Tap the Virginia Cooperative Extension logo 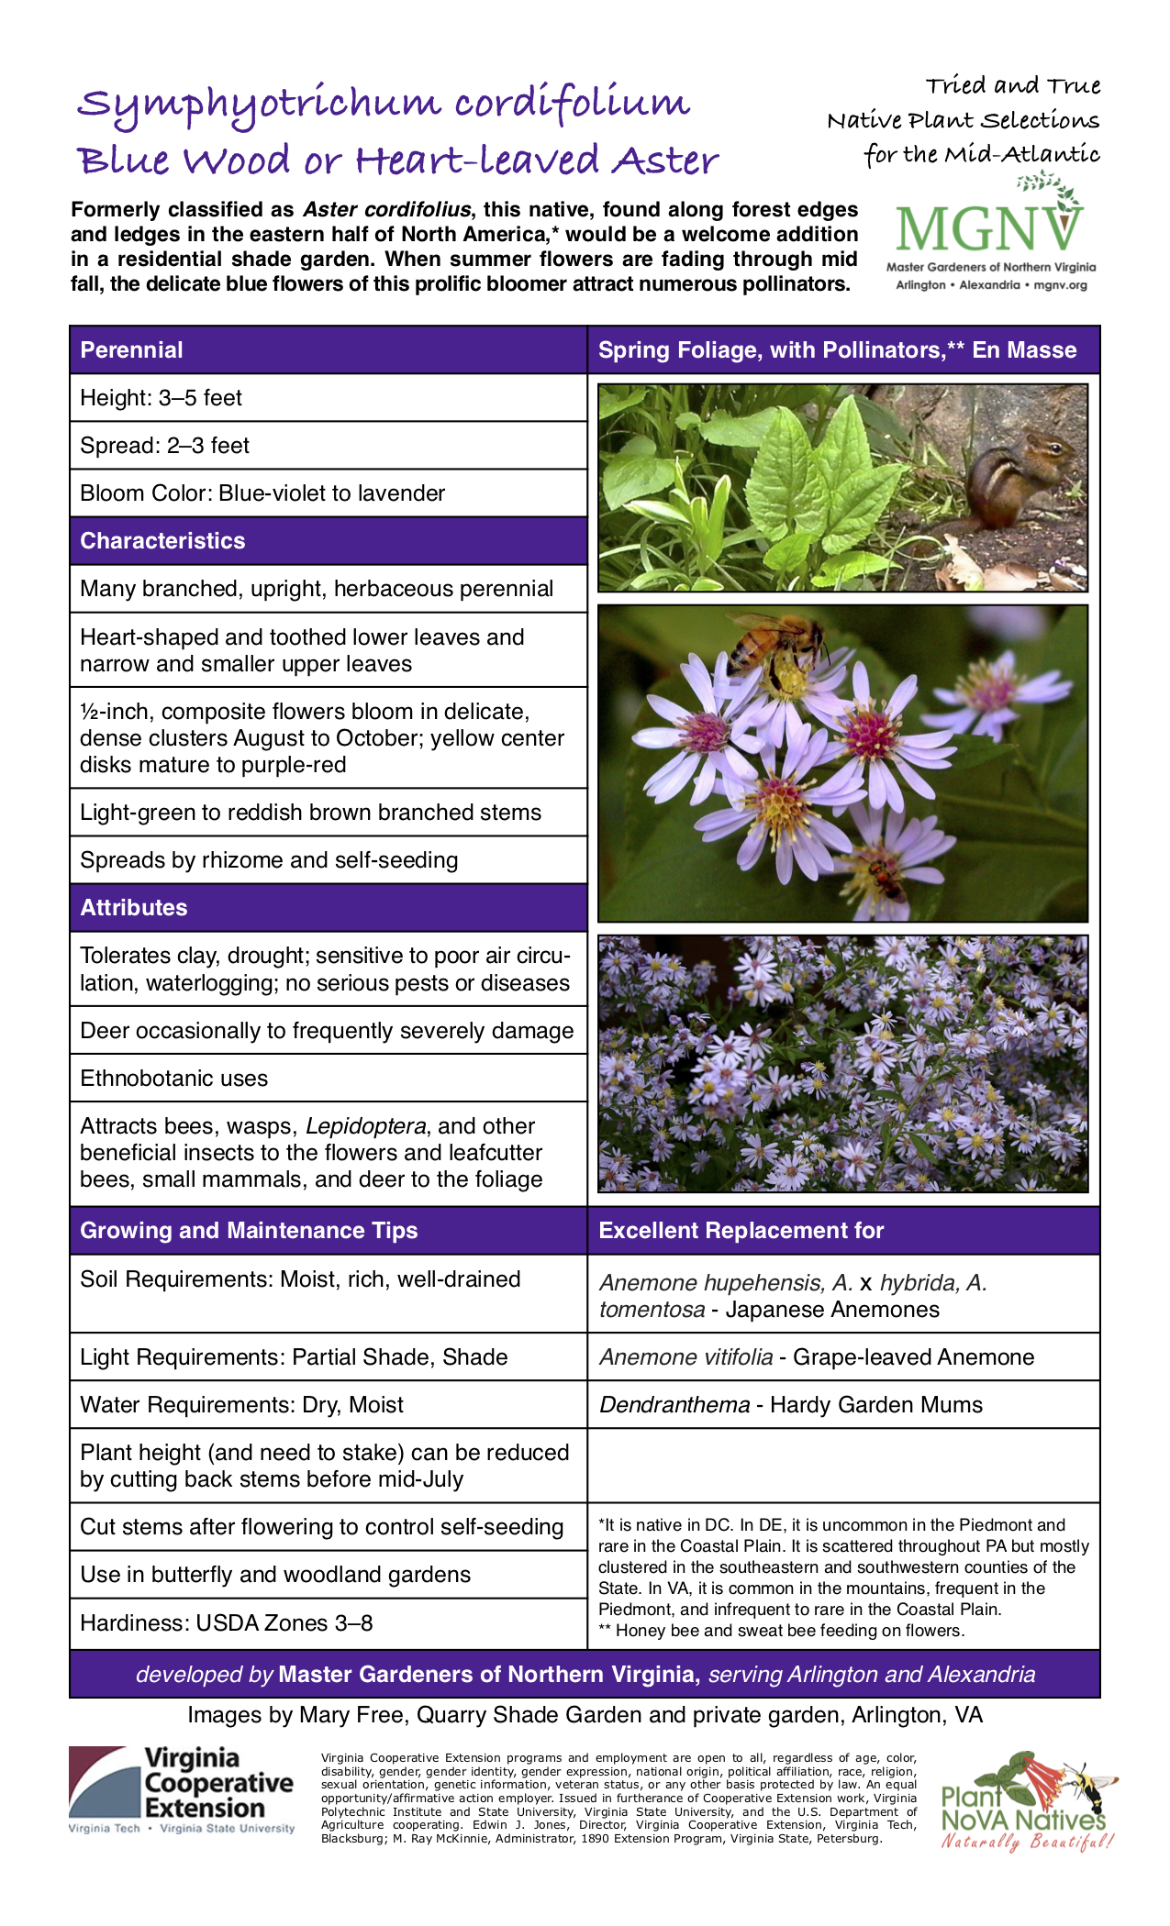coord(181,1789)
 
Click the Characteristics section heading coord(162,541)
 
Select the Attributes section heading coord(134,908)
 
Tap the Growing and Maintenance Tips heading coord(249,1231)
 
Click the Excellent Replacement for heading coord(741,1231)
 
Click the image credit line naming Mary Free coord(585,1715)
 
